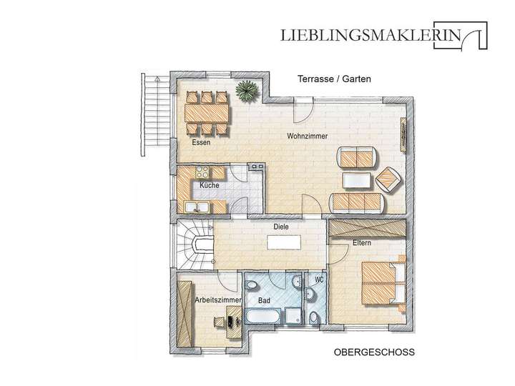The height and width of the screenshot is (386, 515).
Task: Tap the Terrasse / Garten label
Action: [334, 80]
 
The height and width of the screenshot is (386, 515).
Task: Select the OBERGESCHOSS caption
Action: [374, 352]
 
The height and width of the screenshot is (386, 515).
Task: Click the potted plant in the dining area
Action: [248, 91]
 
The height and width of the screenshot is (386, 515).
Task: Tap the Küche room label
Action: [210, 185]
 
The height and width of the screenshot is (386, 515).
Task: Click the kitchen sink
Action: [197, 207]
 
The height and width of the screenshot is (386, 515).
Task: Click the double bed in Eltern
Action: [383, 281]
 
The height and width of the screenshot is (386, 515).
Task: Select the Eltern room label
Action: [360, 244]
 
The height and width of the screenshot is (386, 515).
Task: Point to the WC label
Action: [319, 279]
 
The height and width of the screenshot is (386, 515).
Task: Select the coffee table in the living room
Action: [358, 179]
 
